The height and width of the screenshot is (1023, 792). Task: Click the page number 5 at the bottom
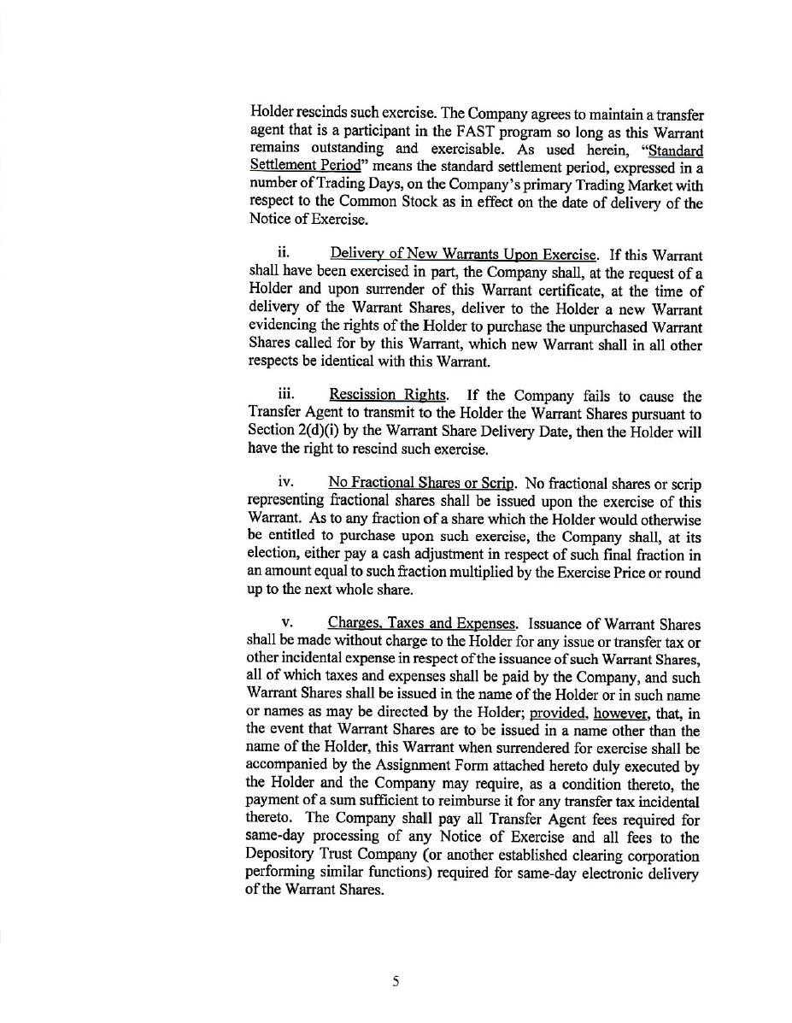point(396,981)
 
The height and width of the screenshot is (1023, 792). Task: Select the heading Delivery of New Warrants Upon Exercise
point(463,255)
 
